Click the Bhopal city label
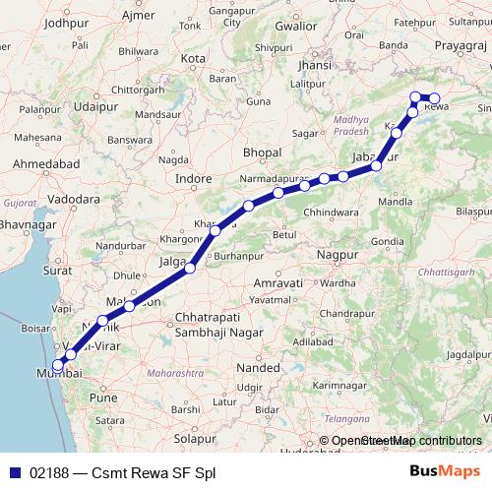[262, 154]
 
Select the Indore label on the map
[193, 179]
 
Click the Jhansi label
[314, 65]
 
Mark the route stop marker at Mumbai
[58, 367]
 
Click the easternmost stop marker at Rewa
[434, 98]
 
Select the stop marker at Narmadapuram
[279, 193]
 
